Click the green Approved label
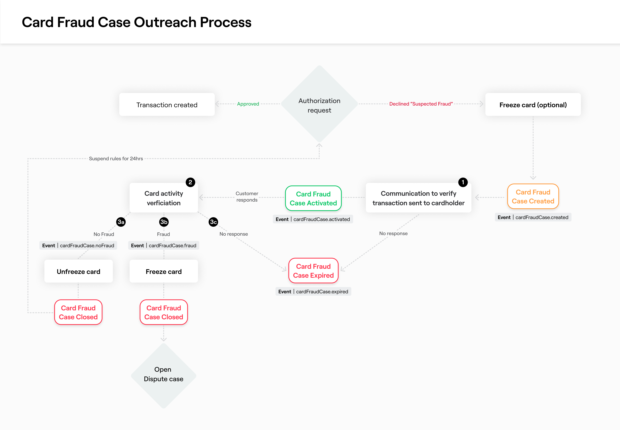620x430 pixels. pyautogui.click(x=248, y=104)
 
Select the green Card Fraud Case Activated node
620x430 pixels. pyautogui.click(x=313, y=198)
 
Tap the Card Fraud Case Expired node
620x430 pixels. pyautogui.click(x=313, y=271)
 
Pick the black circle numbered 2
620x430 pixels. pyautogui.click(x=190, y=182)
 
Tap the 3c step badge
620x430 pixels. pyautogui.click(x=213, y=222)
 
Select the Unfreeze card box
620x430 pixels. pyautogui.click(x=78, y=271)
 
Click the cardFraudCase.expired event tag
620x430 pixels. pyautogui.click(x=313, y=292)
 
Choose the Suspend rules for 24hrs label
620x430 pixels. pyautogui.click(x=116, y=158)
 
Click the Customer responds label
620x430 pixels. pyautogui.click(x=247, y=197)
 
